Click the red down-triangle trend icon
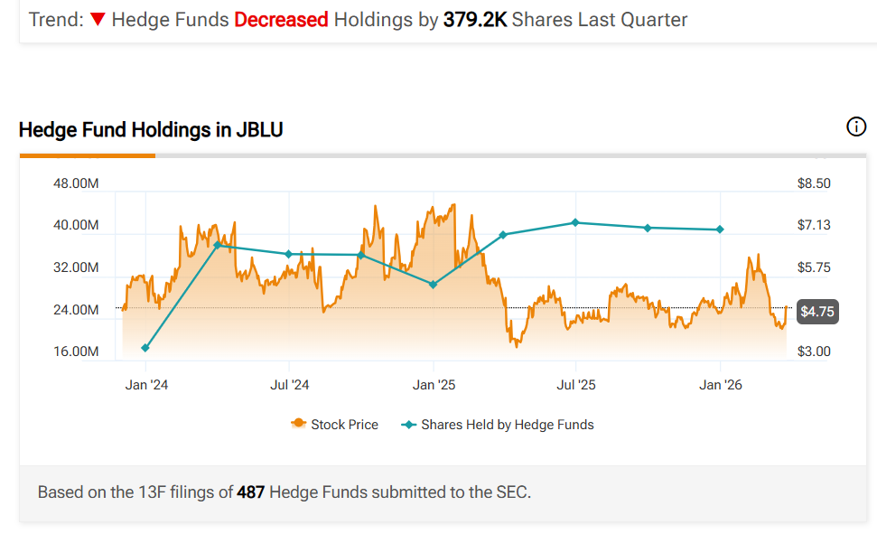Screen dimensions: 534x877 tap(97, 19)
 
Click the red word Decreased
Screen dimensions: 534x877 tap(280, 19)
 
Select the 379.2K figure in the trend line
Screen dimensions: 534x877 tap(474, 19)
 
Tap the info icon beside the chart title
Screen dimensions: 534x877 tap(855, 127)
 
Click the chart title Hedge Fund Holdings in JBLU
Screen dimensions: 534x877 tap(151, 130)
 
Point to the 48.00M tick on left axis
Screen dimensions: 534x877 tap(77, 183)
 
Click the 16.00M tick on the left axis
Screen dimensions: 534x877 tap(77, 351)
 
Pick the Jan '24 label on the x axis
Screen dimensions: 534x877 tap(146, 385)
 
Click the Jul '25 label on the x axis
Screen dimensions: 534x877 tap(576, 385)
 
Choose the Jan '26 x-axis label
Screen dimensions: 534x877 tap(720, 385)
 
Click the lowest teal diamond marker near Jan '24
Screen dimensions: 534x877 tap(145, 348)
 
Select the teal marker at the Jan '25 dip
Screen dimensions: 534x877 tap(434, 284)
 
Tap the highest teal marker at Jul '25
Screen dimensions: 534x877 tap(575, 222)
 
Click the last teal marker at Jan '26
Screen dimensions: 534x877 tap(720, 230)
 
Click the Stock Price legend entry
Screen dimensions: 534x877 tap(335, 424)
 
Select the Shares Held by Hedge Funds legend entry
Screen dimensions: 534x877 tap(498, 424)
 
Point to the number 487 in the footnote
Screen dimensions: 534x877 tap(249, 492)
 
